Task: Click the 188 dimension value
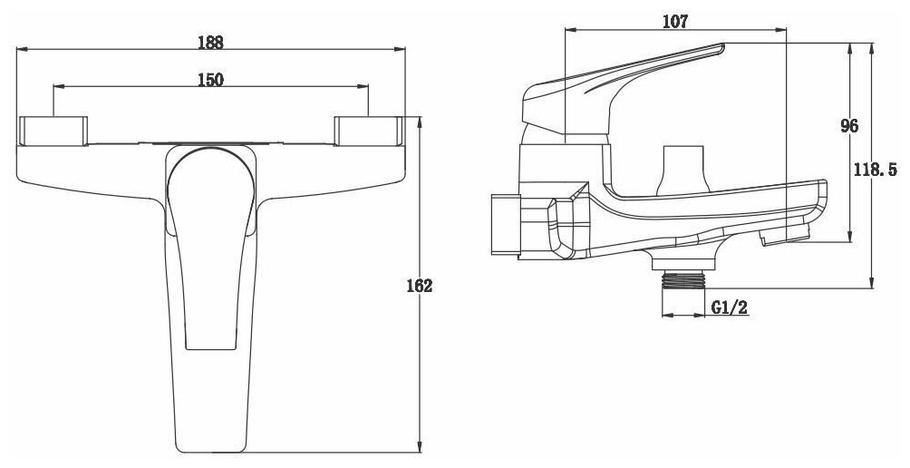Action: [x=210, y=42]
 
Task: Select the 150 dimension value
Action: [x=210, y=80]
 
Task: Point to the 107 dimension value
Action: [x=675, y=21]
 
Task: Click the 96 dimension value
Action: [x=848, y=126]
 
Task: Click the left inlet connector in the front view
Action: [x=52, y=131]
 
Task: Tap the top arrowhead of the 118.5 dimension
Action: [x=871, y=45]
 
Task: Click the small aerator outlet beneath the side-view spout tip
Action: [x=783, y=238]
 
